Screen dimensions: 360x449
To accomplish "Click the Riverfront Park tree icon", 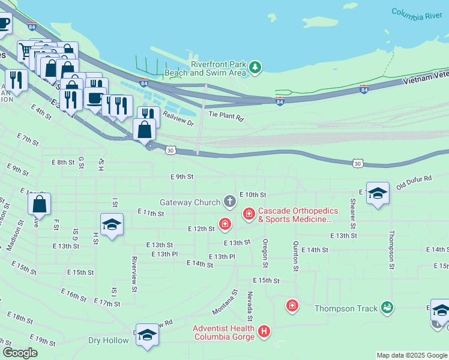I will [x=256, y=67].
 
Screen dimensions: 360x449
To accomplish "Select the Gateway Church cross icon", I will [x=229, y=201].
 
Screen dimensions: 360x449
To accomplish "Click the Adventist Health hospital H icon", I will [x=264, y=331].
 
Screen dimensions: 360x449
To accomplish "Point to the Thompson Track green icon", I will [x=388, y=308].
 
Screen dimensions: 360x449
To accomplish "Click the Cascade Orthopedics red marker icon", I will [x=249, y=214].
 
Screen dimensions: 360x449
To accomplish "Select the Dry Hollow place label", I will [x=109, y=340].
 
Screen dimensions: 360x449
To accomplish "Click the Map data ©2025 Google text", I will [x=411, y=355].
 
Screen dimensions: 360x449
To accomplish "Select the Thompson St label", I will [x=391, y=250].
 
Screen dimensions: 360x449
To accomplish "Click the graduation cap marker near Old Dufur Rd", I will [x=378, y=193].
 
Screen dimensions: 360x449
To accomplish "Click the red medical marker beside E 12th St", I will [x=225, y=225].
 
